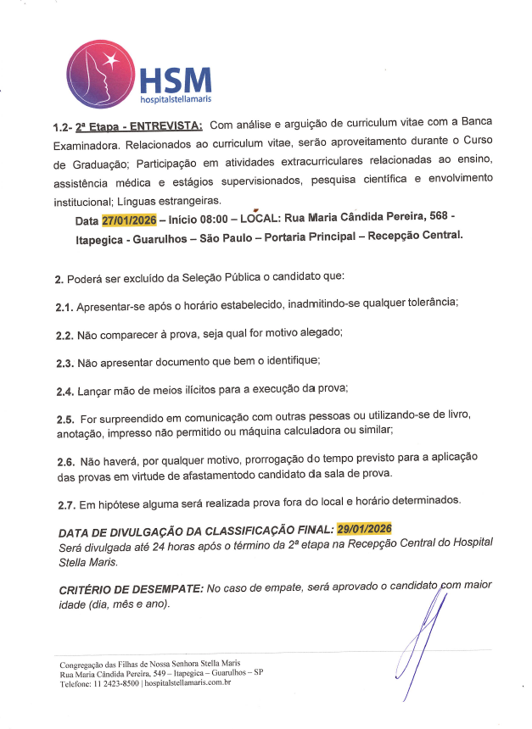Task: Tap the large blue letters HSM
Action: pos(176,81)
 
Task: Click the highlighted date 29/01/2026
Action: pos(364,529)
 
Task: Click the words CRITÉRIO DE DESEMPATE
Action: pos(132,588)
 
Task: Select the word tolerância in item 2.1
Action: pos(426,303)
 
